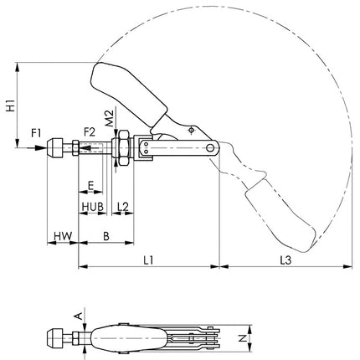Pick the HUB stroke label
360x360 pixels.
[x=92, y=206]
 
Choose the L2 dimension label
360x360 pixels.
[x=122, y=206]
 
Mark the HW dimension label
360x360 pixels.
[x=61, y=237]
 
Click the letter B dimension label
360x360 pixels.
[x=105, y=237]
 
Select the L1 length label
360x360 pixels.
[x=147, y=261]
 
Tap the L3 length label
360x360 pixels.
[x=285, y=261]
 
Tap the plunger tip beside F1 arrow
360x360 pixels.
[x=56, y=148]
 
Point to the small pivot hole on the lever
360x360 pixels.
[x=192, y=131]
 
